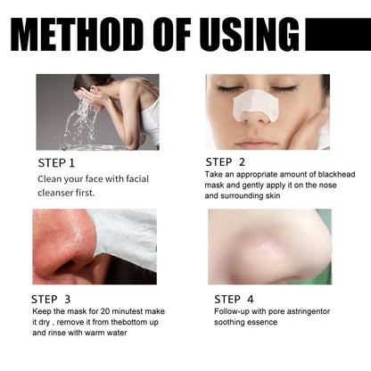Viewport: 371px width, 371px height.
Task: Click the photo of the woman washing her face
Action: pyautogui.click(x=97, y=111)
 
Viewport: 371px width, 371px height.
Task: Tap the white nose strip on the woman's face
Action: pyautogui.click(x=255, y=106)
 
